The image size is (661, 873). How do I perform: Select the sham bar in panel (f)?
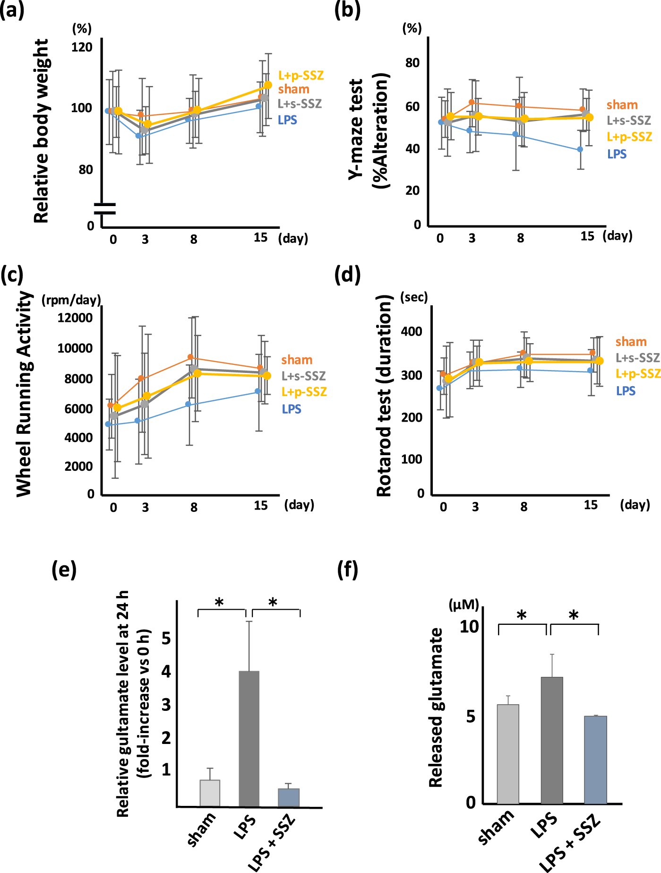coord(508,753)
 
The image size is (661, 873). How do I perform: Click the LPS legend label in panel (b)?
coord(617,154)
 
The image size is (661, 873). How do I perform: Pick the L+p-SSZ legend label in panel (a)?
coord(301,76)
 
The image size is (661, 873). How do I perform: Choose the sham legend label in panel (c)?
coord(297,360)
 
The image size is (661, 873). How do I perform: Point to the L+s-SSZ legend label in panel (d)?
coord(637,358)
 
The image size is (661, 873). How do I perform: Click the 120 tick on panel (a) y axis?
coord(82,47)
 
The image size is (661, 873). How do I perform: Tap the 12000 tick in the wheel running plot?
coord(75,318)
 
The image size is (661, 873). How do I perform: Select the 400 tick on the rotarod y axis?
coord(412,331)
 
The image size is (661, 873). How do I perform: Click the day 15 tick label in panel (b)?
coord(587,236)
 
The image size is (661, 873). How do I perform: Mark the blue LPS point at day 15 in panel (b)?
coord(580,149)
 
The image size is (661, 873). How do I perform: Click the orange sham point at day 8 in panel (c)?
coord(190,357)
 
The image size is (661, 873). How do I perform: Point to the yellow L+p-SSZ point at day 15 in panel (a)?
coord(268,85)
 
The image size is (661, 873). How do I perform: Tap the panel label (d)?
coord(347,274)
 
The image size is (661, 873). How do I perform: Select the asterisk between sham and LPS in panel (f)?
coord(521,615)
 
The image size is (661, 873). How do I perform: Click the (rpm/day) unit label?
coord(71,300)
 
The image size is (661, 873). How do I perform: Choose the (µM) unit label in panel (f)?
coord(464,604)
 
